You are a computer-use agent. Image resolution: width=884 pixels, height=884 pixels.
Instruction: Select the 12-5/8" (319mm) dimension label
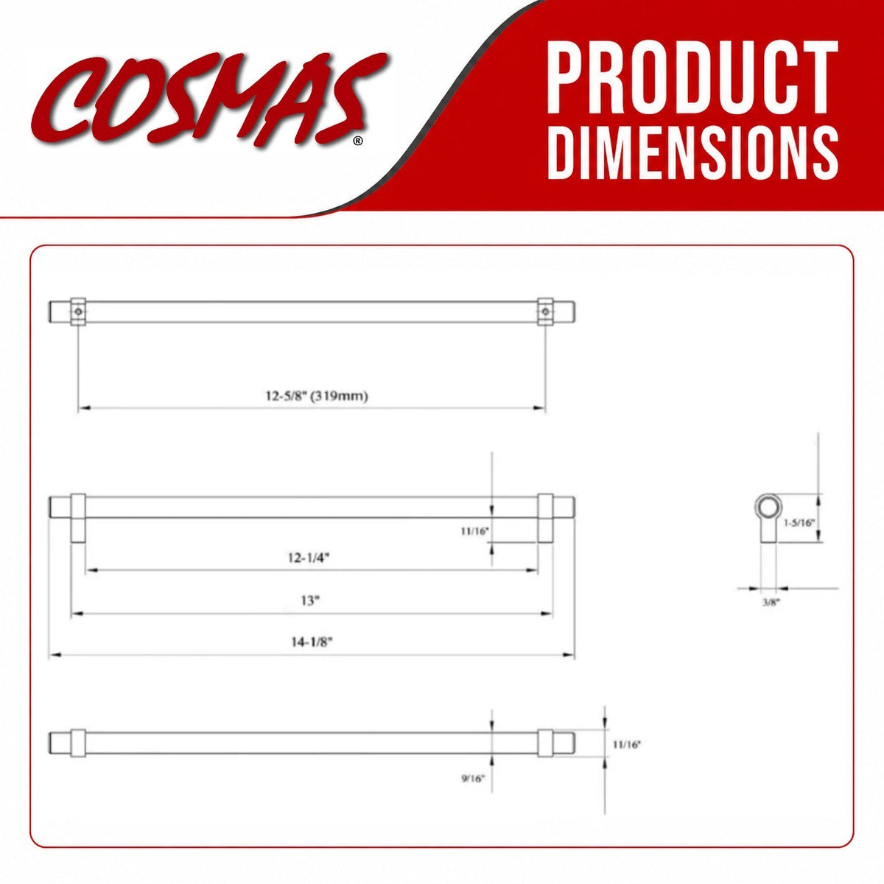click(x=317, y=396)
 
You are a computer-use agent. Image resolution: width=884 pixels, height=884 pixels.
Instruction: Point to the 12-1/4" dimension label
click(x=309, y=558)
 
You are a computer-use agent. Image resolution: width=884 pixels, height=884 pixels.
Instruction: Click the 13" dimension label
click(x=311, y=600)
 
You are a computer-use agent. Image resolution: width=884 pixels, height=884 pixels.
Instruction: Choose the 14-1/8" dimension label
click(x=312, y=642)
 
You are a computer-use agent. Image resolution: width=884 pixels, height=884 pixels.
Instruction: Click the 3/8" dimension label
click(x=771, y=603)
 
